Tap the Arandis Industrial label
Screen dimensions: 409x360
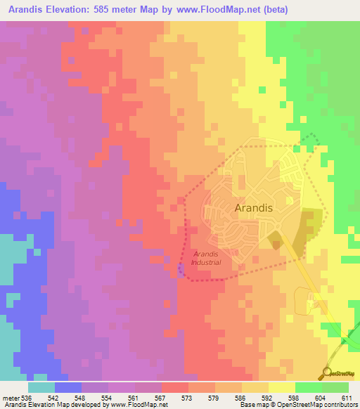click(x=207, y=258)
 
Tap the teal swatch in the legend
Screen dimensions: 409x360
click(x=41, y=387)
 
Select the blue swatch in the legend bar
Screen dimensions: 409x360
click(x=68, y=387)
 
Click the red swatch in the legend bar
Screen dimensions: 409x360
click(x=175, y=387)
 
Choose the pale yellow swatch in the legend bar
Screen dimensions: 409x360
click(x=282, y=387)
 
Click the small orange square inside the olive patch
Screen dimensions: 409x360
click(x=276, y=245)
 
